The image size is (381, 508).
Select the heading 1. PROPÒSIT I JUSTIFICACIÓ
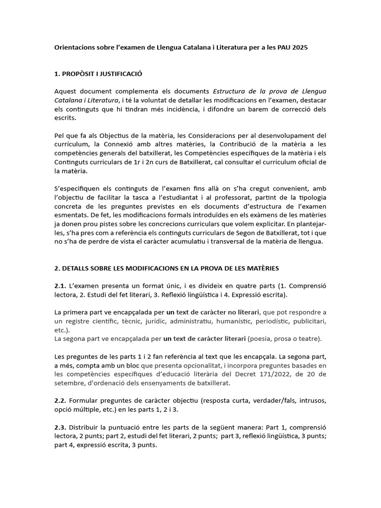pyautogui.click(x=98, y=74)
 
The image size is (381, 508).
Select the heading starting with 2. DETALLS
pyautogui.click(x=166, y=268)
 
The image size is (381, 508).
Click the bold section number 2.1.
pyautogui.click(x=60, y=286)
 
